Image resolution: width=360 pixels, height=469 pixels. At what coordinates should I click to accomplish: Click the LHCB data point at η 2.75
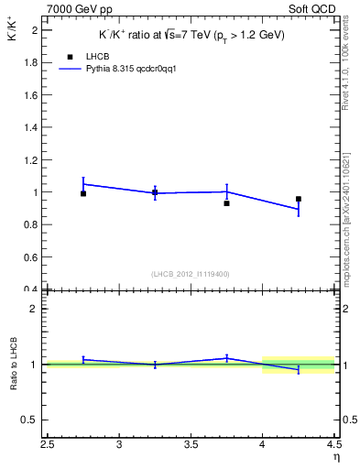(83, 193)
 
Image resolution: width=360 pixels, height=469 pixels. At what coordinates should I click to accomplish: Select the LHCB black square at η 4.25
(299, 199)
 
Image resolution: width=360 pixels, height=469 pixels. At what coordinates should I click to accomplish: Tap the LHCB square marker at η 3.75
(226, 203)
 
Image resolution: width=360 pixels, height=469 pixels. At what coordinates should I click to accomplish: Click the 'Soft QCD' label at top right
(313, 9)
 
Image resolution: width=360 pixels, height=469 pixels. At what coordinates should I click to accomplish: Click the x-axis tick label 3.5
(191, 445)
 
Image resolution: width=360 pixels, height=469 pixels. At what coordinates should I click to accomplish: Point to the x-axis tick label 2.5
(48, 445)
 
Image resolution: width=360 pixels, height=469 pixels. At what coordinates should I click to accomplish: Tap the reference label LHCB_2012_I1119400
(191, 273)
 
